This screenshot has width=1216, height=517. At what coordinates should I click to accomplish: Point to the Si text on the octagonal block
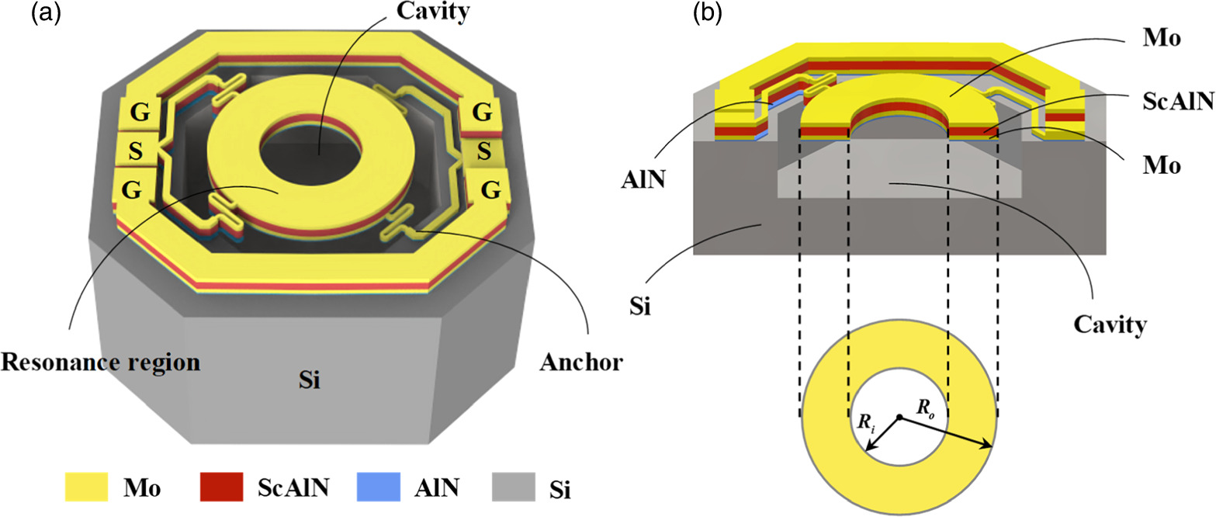310,381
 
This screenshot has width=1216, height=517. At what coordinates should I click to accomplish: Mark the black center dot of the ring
899,418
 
